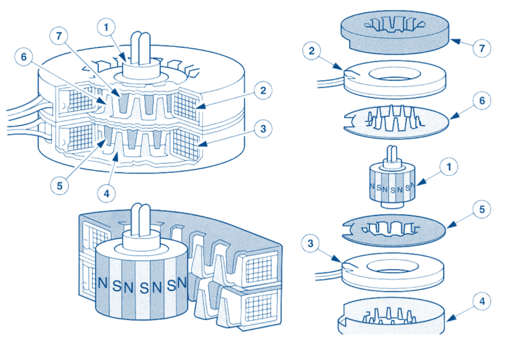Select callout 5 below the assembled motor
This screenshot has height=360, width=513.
coord(60,185)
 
